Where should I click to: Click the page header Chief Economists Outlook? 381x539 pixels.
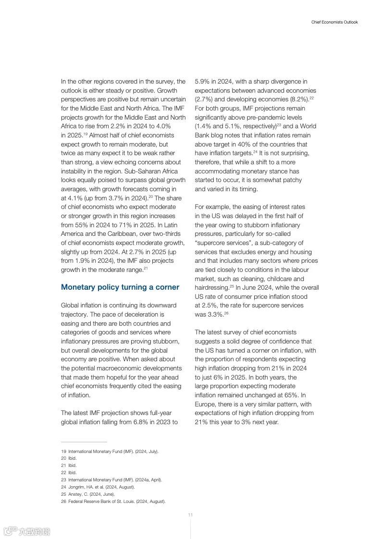tap(334, 22)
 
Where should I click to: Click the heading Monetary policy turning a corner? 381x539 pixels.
tap(120, 287)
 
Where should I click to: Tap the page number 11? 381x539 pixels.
tap(190, 515)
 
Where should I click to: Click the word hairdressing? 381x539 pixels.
tap(211, 288)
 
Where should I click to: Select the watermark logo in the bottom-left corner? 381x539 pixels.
tap(27, 531)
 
